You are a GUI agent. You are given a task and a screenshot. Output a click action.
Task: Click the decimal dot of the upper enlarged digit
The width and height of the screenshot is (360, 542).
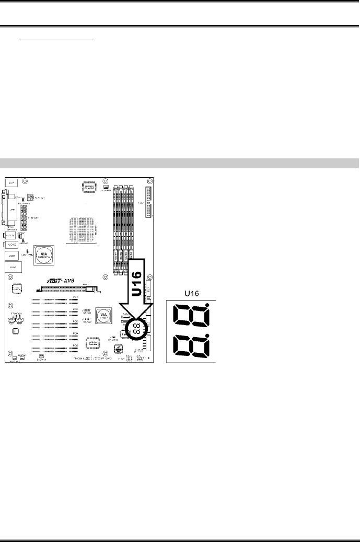(x=208, y=305)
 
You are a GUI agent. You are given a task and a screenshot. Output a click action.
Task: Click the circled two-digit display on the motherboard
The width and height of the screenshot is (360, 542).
(x=134, y=330)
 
